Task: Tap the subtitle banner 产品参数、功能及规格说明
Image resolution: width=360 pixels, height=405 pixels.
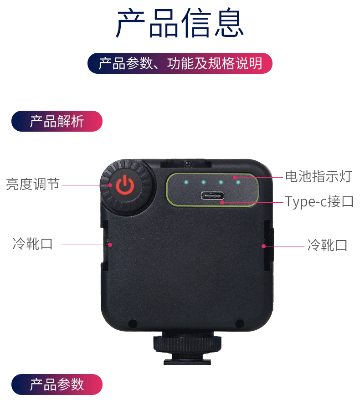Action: [180, 63]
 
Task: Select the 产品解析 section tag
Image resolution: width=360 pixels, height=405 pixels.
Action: [57, 121]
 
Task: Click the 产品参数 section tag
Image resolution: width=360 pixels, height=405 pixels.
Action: [57, 384]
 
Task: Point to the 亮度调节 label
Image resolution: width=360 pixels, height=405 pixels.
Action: [33, 185]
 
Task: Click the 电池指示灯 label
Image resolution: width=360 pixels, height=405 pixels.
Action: [319, 176]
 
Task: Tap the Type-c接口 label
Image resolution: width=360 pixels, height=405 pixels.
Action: [319, 201]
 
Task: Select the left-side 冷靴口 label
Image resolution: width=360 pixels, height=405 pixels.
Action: [33, 244]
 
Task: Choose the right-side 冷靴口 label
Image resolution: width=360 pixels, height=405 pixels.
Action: [327, 245]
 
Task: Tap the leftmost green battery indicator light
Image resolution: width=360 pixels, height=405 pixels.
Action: [186, 182]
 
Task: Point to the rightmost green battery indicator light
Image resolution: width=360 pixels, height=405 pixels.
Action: [238, 182]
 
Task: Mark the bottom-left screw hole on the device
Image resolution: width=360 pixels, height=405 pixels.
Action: [133, 324]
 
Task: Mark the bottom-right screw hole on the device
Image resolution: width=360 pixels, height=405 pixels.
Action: [239, 323]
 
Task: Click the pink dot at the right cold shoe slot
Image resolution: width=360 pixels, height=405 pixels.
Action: [263, 246]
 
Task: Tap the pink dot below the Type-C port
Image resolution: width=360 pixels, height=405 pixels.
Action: [222, 202]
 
